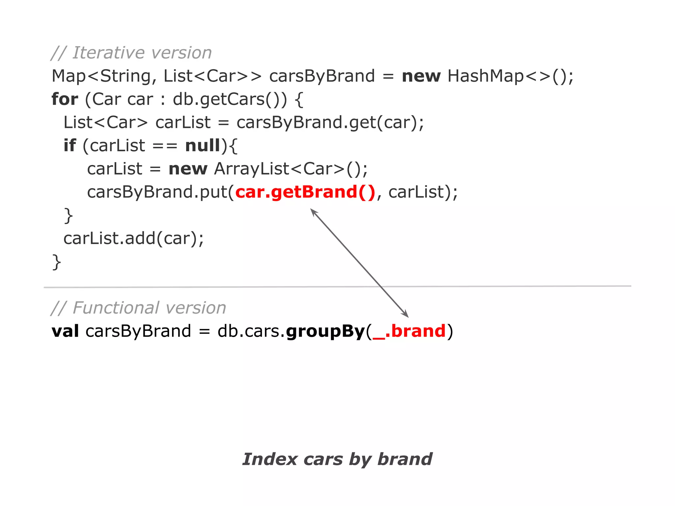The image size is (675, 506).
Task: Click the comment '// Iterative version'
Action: pos(131,53)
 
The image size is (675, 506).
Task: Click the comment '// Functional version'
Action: pos(138,308)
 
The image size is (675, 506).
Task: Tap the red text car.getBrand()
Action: pos(305,192)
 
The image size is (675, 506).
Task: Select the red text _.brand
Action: pos(409,331)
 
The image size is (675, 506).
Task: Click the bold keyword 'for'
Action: pos(65,99)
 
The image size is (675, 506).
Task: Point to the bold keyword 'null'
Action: pos(202,146)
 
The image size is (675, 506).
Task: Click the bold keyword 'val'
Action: pos(65,331)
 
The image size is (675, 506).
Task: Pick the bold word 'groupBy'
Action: pos(325,332)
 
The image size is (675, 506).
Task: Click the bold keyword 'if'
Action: pos(70,146)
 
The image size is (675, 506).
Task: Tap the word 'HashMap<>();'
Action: pos(510,76)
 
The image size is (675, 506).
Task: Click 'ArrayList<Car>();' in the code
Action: pos(291,169)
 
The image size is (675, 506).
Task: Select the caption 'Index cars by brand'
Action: pos(337,459)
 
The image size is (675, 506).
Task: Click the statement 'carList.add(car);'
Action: pos(133,239)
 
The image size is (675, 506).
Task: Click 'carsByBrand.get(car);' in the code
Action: pos(330,123)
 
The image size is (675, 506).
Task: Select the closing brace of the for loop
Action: pos(56,262)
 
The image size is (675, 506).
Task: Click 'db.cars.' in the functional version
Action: pos(250,331)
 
